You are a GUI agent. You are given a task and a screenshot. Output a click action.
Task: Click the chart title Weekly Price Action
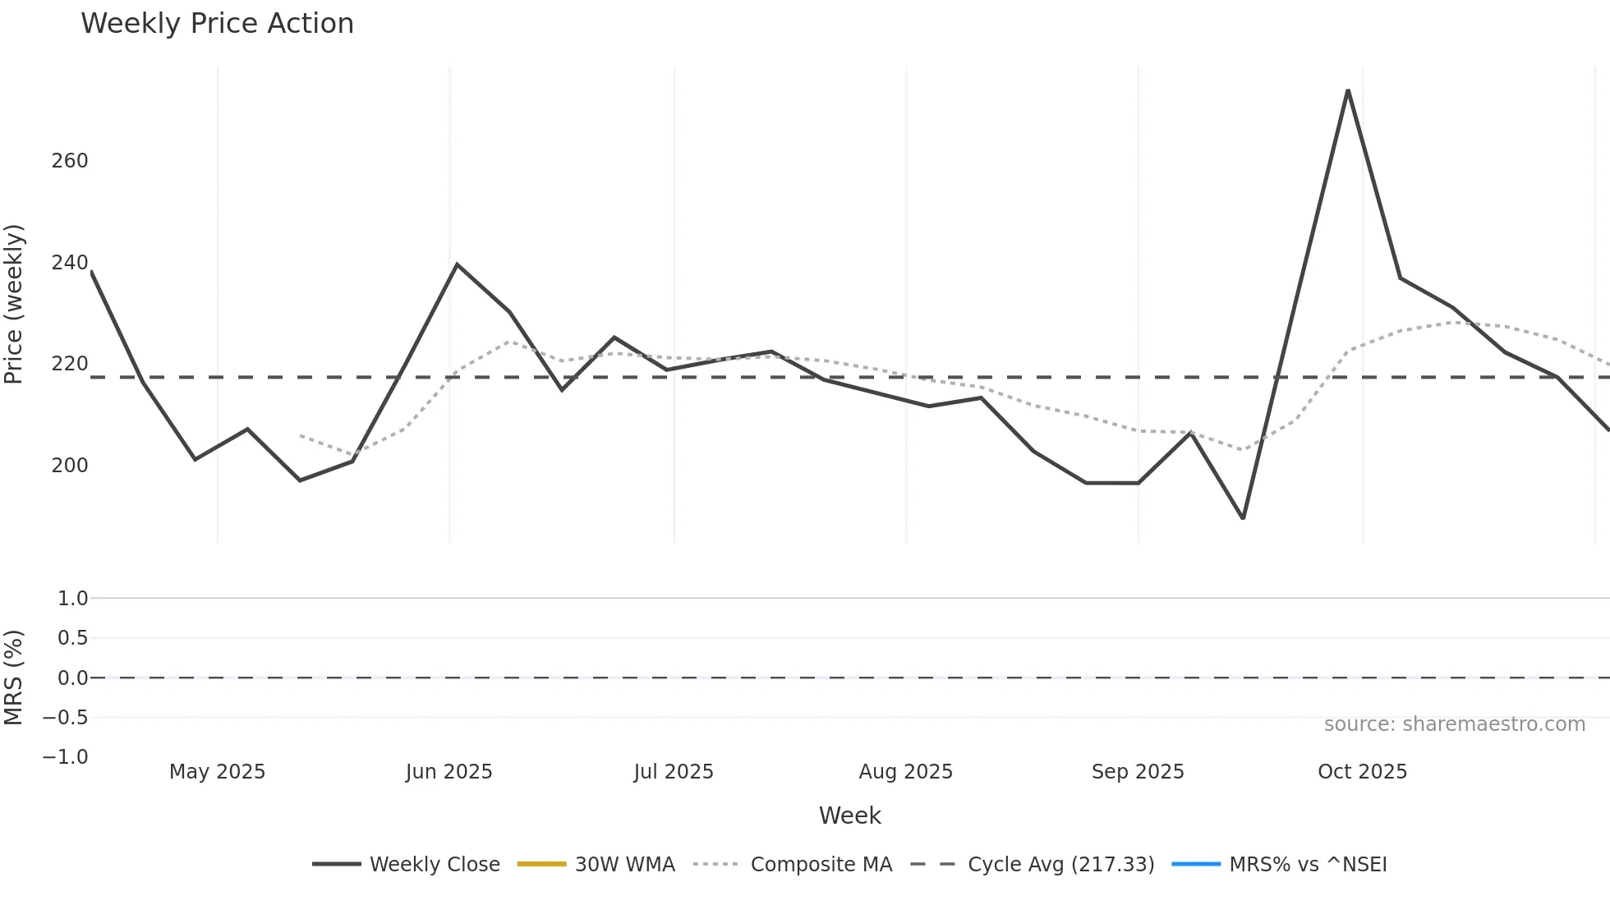217,24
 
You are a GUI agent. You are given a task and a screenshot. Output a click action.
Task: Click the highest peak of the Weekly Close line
1348,90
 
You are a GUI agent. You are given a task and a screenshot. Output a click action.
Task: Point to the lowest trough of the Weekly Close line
1243,518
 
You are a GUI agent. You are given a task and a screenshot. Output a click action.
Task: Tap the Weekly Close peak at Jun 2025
457,264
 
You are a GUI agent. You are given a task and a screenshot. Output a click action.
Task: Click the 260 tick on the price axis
70,161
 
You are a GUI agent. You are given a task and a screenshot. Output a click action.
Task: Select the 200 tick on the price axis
70,466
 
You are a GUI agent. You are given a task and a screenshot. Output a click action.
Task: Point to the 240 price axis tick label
70,263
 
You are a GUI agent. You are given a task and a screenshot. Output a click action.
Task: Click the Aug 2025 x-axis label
905,772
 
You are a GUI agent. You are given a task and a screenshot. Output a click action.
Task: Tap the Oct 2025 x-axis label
1362,772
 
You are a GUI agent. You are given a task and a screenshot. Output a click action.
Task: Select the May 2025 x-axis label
217,772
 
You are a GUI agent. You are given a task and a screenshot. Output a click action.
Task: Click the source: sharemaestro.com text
1454,724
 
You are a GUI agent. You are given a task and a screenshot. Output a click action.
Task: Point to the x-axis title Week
849,815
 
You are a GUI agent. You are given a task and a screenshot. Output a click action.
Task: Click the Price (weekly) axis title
14,304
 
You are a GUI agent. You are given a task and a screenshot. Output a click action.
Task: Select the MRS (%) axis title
14,678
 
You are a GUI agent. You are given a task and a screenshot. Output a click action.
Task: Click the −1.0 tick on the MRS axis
66,757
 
